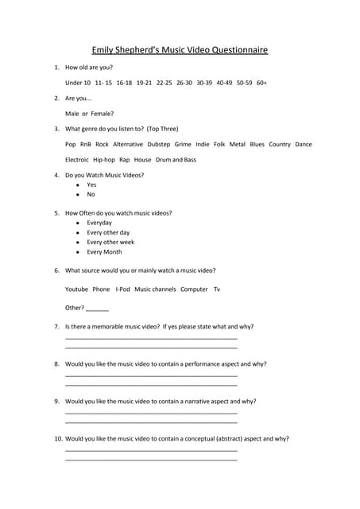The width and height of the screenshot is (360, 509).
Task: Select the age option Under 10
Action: (78, 82)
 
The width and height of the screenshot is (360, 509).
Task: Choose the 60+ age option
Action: (261, 82)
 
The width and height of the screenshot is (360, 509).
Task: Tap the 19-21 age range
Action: (144, 82)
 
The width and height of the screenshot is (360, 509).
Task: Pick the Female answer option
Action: (103, 113)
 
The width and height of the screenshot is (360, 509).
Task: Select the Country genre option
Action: (280, 144)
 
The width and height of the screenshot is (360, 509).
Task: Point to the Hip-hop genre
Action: (104, 160)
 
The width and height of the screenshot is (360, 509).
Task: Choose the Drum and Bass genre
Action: (176, 160)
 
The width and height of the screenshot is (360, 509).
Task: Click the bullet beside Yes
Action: (77, 185)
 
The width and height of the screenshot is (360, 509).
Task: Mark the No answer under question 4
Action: (91, 194)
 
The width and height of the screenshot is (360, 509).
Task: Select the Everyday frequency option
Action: (99, 223)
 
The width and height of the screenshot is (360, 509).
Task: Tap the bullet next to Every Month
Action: (77, 252)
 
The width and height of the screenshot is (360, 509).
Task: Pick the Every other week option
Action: (110, 242)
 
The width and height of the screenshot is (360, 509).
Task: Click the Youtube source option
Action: (76, 289)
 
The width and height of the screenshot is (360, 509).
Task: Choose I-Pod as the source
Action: (122, 289)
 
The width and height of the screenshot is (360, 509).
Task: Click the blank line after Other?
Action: (97, 309)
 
